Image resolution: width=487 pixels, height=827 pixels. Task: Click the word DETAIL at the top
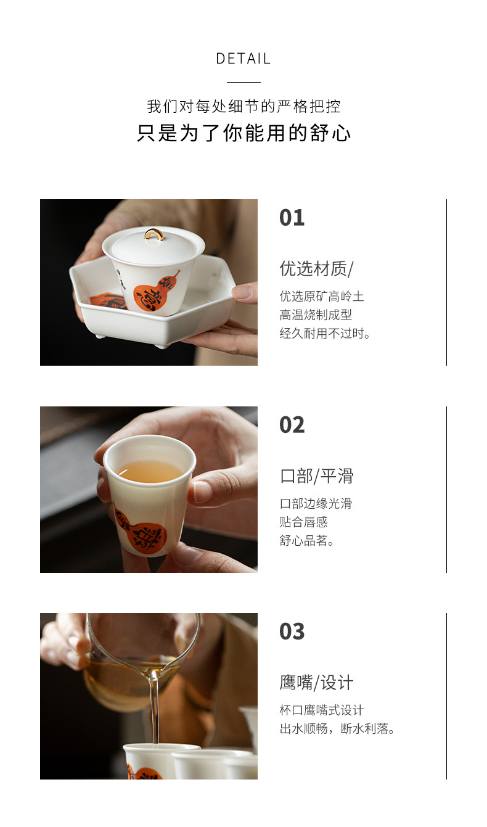[243, 59]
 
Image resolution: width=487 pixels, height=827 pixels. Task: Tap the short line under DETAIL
[243, 82]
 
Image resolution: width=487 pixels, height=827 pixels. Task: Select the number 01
[292, 218]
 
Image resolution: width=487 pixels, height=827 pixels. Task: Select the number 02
[292, 425]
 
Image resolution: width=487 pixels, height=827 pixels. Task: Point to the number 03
[292, 632]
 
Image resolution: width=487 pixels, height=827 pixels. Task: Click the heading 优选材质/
[317, 268]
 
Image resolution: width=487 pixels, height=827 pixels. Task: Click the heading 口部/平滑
[317, 476]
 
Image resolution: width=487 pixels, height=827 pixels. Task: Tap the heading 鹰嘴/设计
[317, 682]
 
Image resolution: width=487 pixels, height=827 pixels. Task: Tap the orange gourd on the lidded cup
[153, 294]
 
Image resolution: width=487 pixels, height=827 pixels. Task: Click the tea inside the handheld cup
[150, 471]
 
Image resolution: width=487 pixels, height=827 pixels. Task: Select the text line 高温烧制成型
[316, 315]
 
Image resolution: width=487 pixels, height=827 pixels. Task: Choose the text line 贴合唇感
[304, 522]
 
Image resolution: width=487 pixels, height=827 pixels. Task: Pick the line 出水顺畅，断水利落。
[337, 729]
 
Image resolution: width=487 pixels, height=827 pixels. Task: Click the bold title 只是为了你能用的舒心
[243, 133]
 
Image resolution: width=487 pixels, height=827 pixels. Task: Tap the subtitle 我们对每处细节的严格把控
[243, 106]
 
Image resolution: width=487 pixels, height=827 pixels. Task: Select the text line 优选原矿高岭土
[322, 296]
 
